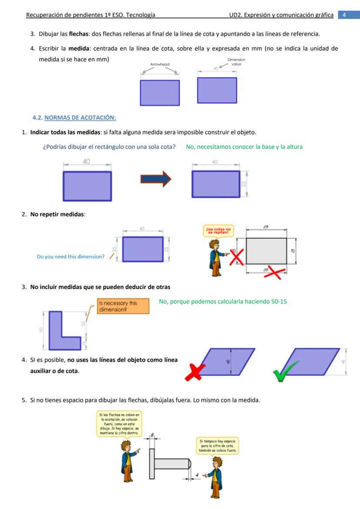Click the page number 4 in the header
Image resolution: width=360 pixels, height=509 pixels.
pos(344,15)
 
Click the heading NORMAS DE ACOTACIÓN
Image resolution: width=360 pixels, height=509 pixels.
pos(80,117)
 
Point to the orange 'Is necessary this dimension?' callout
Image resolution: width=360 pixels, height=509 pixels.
pos(123,306)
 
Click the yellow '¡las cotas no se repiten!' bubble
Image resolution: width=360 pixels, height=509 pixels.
pos(218,231)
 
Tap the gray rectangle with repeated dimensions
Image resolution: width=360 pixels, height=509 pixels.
pos(267,251)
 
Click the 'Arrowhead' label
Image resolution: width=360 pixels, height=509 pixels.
pos(160,64)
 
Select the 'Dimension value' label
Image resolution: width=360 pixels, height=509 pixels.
pos(236,62)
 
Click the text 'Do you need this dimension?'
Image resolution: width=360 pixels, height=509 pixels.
pos(70,257)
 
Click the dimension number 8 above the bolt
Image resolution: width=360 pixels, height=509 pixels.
pos(152,434)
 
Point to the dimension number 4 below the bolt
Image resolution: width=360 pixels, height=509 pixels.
pos(197,475)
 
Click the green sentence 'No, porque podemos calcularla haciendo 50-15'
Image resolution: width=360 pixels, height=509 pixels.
pos(223,302)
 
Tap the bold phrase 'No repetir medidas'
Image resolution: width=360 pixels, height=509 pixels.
pos(57,214)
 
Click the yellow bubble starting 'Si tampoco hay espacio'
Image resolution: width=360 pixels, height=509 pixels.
pos(217,446)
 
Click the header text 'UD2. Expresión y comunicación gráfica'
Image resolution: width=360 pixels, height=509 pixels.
pos(281,15)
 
